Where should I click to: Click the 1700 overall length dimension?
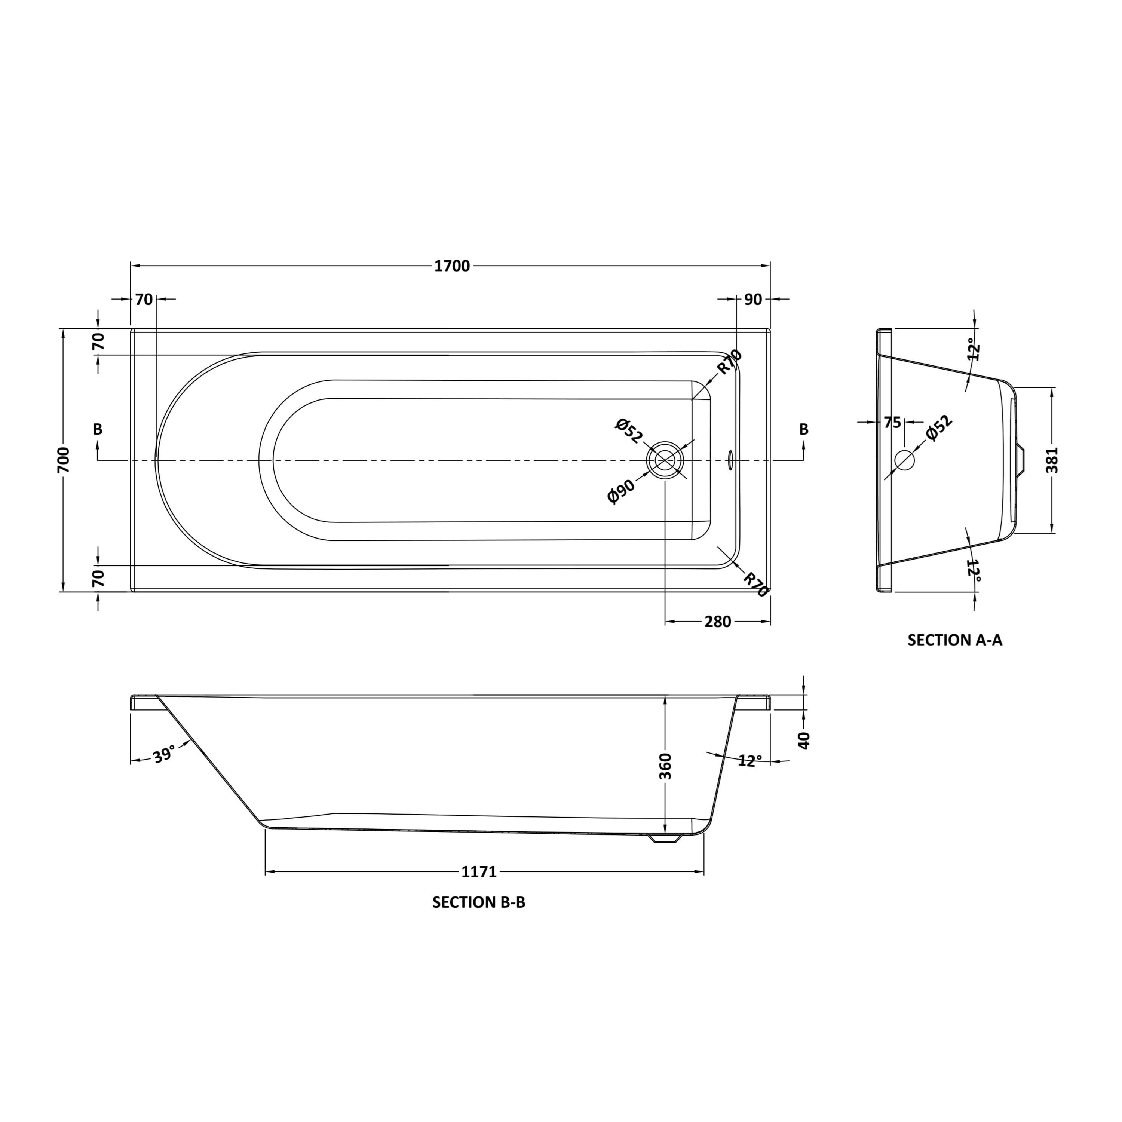pos(452,266)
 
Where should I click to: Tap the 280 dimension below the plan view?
pos(717,622)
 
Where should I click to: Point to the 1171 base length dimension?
pos(479,872)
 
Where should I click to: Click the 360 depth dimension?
pos(666,766)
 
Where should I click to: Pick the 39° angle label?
pos(164,755)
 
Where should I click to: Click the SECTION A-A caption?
pos(955,640)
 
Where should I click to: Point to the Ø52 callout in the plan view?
pos(629,431)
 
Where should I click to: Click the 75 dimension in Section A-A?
pos(892,422)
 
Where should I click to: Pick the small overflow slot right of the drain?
pos(730,460)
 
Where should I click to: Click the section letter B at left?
pos(98,429)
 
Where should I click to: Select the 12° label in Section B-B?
pos(750,761)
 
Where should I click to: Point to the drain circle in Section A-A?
pos(904,460)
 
